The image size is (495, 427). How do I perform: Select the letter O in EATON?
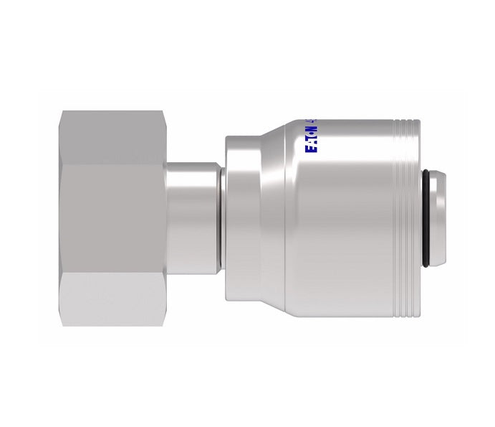311,133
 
